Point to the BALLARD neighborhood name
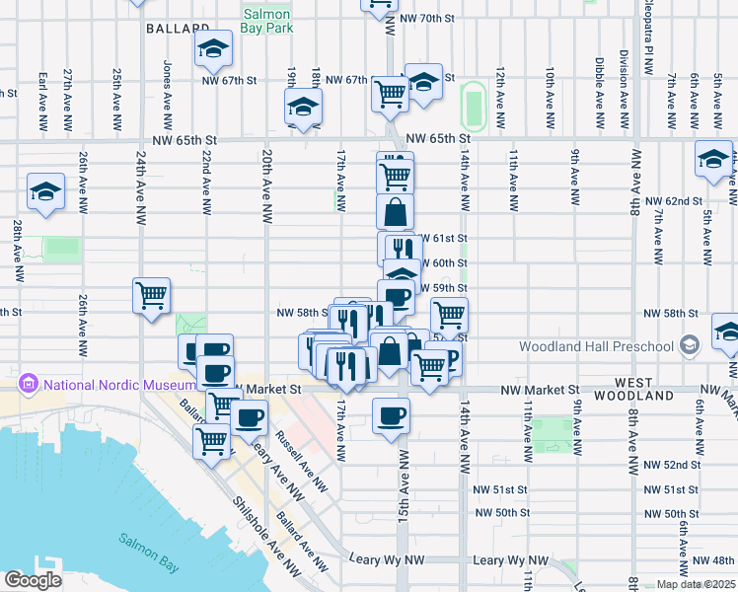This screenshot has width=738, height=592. point(179,30)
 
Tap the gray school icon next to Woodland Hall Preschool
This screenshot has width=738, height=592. point(689,345)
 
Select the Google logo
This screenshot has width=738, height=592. point(33,580)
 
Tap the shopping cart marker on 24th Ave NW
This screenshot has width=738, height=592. point(152,294)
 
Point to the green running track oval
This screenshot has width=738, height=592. point(474,105)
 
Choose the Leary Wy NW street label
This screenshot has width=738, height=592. point(503,559)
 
